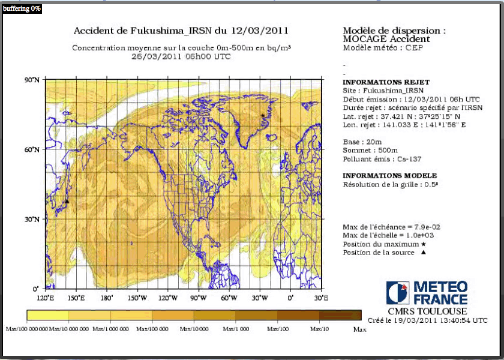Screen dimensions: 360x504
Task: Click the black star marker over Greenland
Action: (263, 115)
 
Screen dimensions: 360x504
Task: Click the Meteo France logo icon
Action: (398, 293)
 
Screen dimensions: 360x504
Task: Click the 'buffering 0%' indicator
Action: (21, 8)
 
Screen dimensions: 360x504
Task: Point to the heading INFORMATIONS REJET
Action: (386, 82)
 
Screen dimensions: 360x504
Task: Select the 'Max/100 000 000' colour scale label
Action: (26, 329)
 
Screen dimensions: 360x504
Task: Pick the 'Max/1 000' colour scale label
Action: (236, 329)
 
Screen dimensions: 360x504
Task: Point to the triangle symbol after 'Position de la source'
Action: (423, 253)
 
